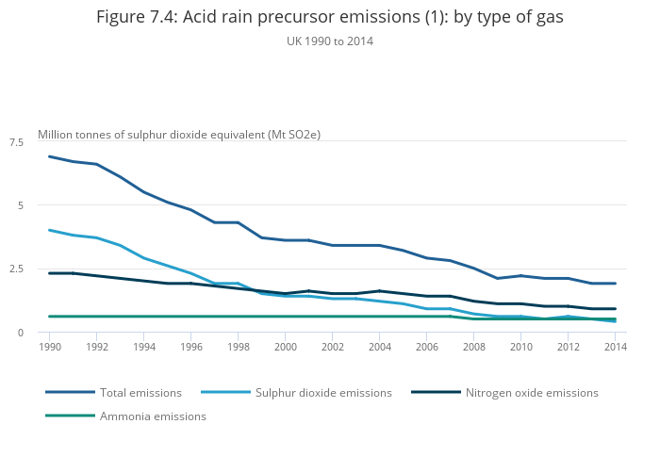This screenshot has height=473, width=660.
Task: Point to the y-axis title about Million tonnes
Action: click(x=179, y=135)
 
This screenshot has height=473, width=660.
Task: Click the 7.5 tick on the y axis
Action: click(x=16, y=142)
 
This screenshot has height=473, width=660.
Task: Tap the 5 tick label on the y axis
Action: click(x=21, y=205)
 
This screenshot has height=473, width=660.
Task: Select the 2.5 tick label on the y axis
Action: click(x=16, y=269)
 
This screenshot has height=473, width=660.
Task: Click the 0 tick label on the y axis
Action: click(x=21, y=333)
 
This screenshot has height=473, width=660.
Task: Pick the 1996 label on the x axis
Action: click(x=190, y=348)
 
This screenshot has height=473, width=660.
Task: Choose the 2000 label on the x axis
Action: click(x=285, y=348)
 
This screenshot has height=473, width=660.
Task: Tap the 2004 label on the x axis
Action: click(x=379, y=348)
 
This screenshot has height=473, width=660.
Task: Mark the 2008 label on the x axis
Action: click(x=473, y=348)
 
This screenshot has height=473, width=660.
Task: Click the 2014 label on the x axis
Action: click(x=615, y=348)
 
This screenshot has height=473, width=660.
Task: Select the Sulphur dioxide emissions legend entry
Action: click(x=323, y=392)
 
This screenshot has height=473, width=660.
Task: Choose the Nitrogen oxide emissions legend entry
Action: click(x=532, y=392)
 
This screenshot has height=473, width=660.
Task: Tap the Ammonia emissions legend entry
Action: click(x=153, y=416)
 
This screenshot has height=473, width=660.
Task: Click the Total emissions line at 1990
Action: click(x=49, y=156)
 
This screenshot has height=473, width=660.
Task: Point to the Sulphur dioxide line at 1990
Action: click(x=49, y=230)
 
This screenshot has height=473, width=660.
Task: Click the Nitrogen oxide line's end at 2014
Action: click(x=615, y=309)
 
